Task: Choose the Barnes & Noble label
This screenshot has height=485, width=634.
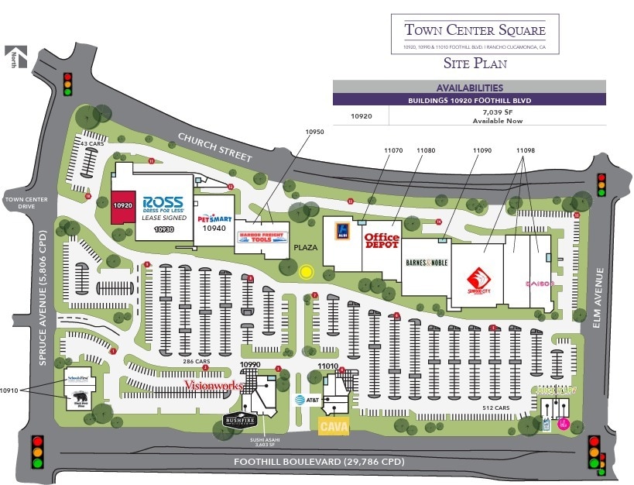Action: [x=426, y=263]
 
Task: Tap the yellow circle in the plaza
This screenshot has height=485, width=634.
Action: [x=306, y=272]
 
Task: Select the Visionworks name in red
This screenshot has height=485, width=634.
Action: [x=213, y=384]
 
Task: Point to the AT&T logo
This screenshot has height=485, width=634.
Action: [x=307, y=400]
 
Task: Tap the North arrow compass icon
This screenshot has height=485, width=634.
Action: [x=14, y=57]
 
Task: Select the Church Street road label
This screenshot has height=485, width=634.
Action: [x=215, y=146]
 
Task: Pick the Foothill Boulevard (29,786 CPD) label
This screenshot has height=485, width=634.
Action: [x=318, y=463]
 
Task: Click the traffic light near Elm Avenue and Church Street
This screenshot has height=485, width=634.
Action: [x=601, y=185]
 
